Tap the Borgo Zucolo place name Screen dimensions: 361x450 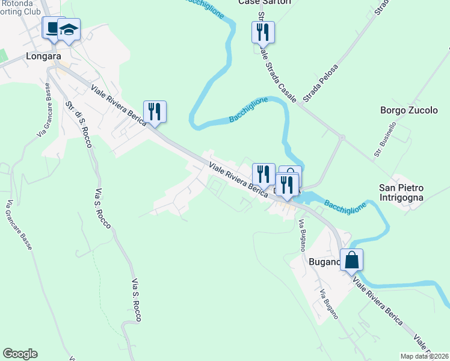pyautogui.click(x=408, y=110)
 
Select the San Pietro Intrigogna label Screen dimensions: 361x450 pyautogui.click(x=401, y=192)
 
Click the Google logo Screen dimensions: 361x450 pyautogui.click(x=20, y=354)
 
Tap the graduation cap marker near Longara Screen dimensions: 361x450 pyautogui.click(x=69, y=30)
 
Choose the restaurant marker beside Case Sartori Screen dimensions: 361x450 pyautogui.click(x=263, y=31)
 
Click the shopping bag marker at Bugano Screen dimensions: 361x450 pyautogui.click(x=352, y=260)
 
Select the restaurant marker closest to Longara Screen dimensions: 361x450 pyautogui.click(x=155, y=111)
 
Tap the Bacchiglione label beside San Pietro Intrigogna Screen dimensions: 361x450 pyautogui.click(x=345, y=206)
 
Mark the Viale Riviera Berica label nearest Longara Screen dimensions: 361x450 pyautogui.click(x=119, y=105)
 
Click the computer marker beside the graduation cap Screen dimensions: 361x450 pyautogui.click(x=52, y=28)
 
